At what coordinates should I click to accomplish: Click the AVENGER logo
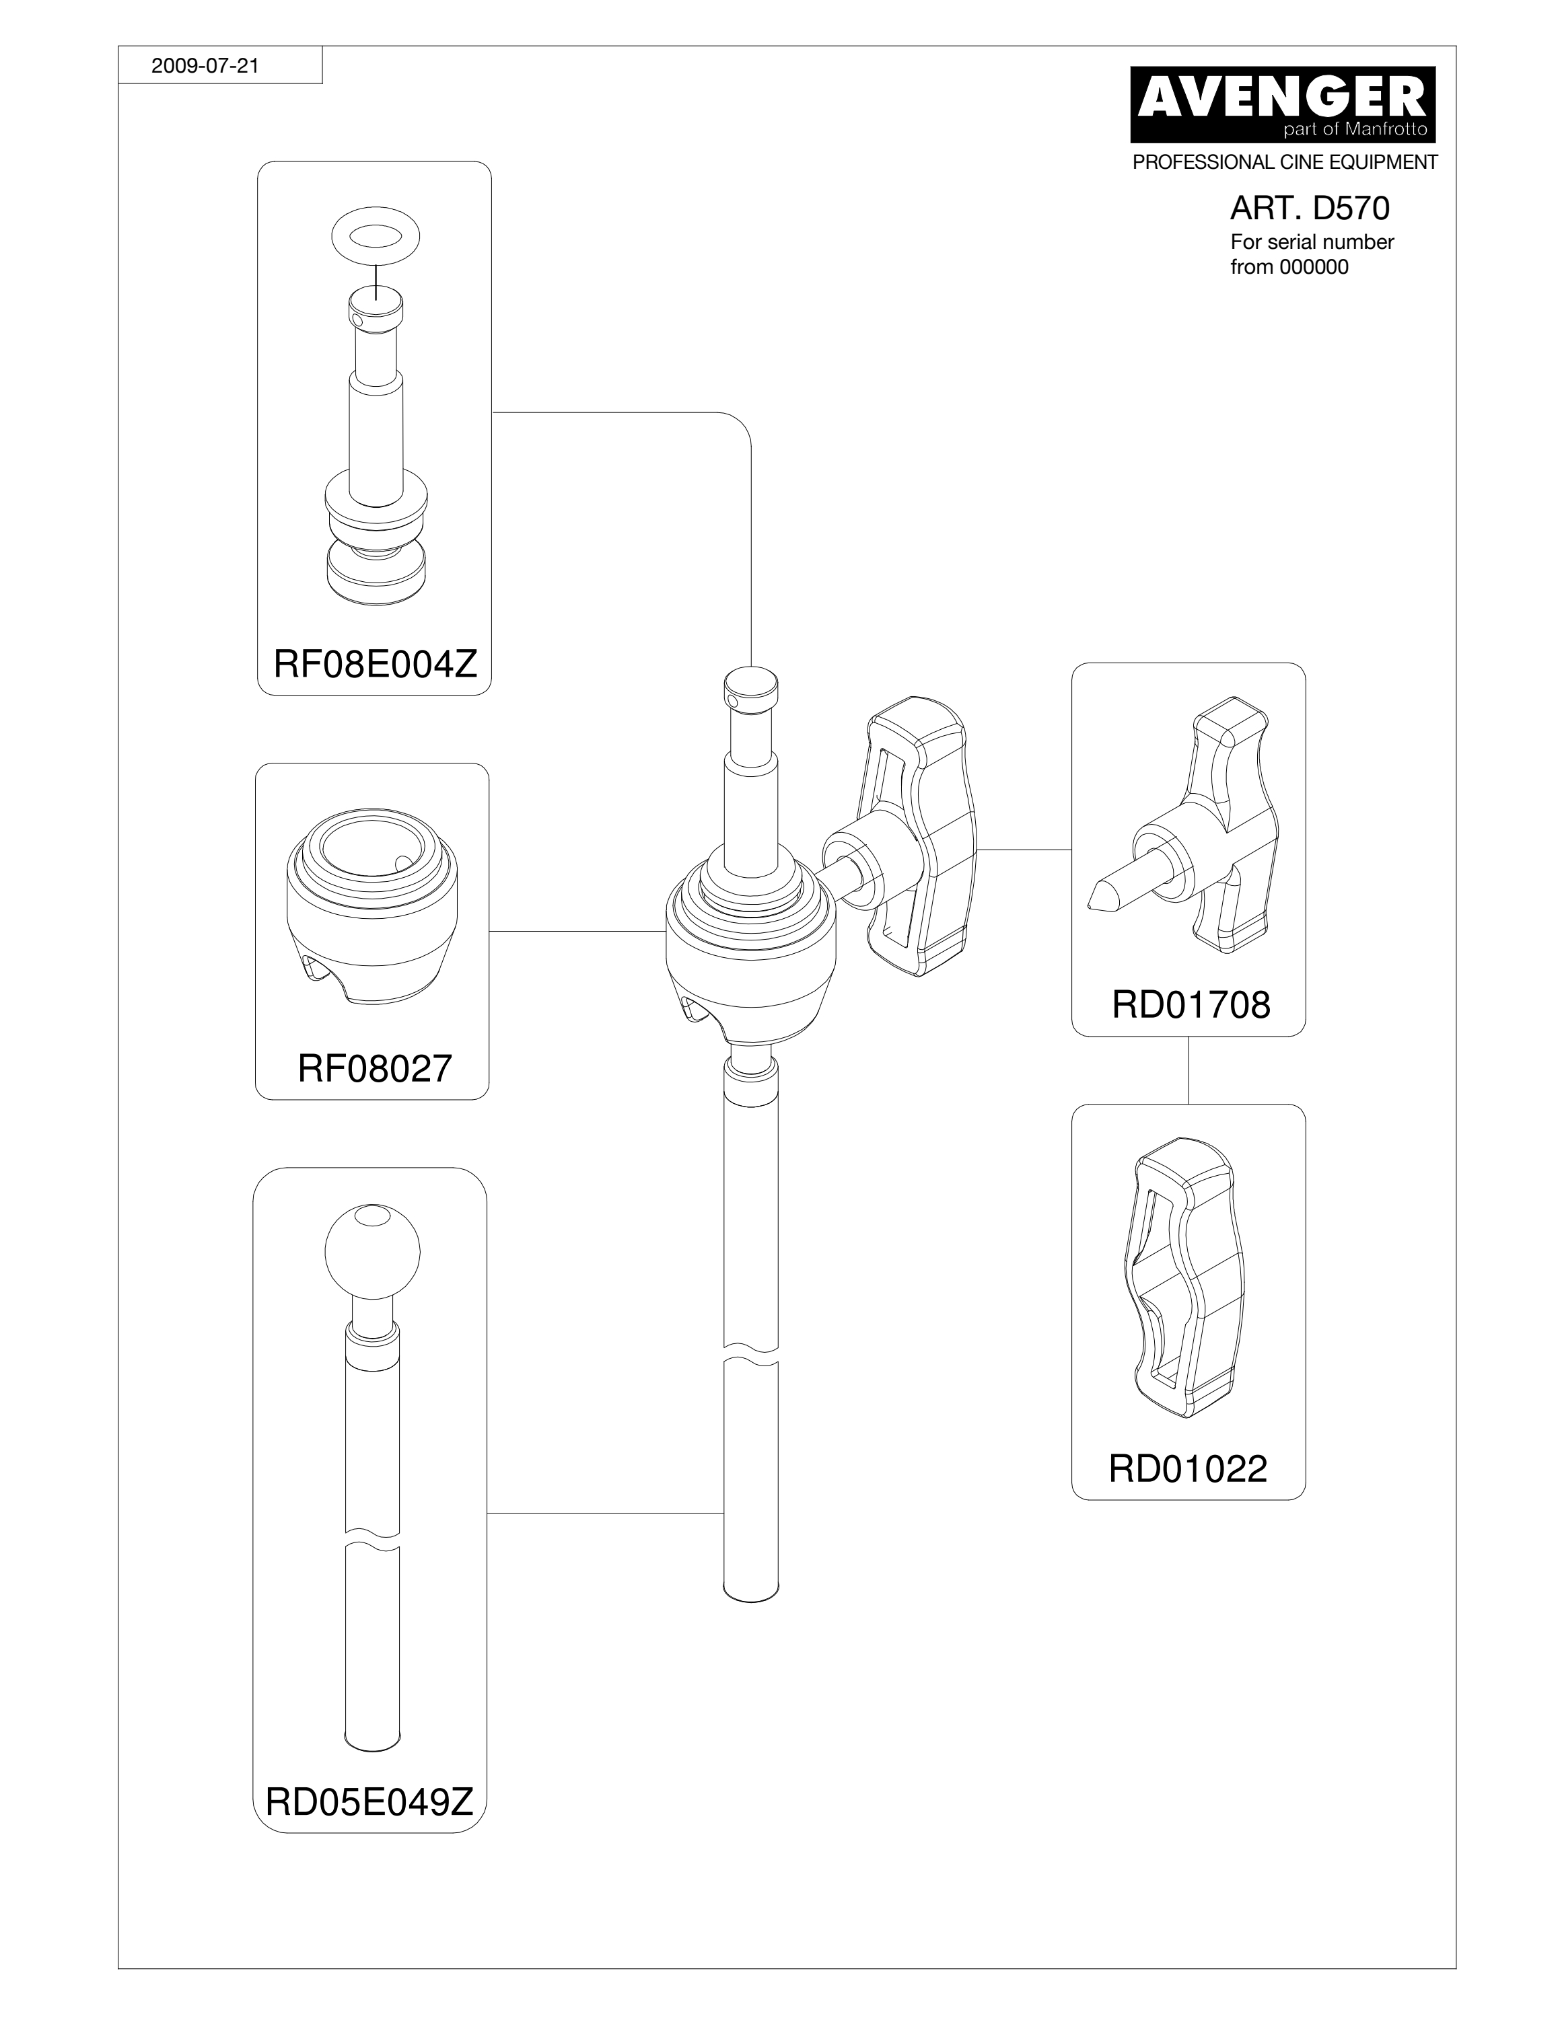click(1283, 104)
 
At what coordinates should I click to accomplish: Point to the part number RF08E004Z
click(376, 663)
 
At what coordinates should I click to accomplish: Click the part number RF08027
click(374, 1068)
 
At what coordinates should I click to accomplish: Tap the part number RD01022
click(1188, 1468)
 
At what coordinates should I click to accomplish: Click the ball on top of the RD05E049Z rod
click(372, 1252)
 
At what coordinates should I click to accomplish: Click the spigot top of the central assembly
click(750, 685)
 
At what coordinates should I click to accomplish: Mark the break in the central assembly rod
click(750, 1355)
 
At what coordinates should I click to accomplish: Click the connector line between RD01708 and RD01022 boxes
click(1189, 1070)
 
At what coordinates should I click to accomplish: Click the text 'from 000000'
click(1289, 268)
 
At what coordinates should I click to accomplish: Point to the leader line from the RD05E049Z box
click(604, 1513)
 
